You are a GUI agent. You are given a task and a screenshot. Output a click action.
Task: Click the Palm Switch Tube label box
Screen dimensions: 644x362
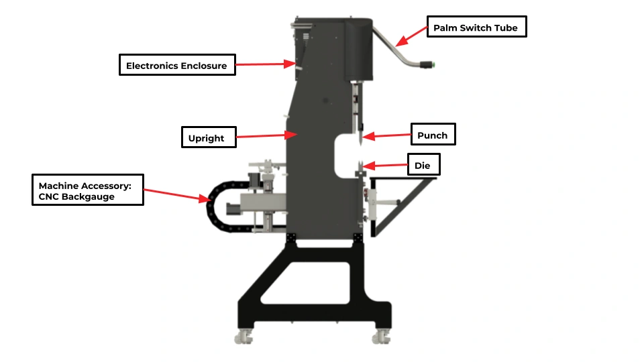click(x=476, y=27)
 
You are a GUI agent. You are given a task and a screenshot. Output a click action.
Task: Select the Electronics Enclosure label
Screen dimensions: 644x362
click(x=177, y=65)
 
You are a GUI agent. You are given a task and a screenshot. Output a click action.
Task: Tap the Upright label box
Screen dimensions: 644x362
click(x=209, y=137)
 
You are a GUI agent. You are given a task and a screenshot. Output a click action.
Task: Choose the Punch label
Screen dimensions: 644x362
click(x=433, y=134)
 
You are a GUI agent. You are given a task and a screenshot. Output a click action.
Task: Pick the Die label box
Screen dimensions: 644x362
click(x=423, y=165)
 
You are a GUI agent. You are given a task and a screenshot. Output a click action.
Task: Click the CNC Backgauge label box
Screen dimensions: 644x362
click(x=87, y=190)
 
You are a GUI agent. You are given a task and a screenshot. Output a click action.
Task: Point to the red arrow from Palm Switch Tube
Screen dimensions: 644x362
click(x=411, y=36)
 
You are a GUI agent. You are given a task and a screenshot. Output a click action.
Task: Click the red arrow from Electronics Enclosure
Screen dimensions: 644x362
click(x=266, y=64)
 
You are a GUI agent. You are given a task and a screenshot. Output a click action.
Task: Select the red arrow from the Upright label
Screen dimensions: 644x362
click(x=266, y=135)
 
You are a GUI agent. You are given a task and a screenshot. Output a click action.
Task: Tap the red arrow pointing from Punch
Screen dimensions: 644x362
click(x=386, y=135)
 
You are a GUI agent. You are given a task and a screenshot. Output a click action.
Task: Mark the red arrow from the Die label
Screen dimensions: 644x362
click(x=385, y=166)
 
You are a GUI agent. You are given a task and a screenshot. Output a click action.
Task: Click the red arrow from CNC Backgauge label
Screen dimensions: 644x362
click(x=177, y=195)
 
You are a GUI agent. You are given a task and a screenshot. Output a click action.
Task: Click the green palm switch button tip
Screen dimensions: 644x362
click(x=433, y=65)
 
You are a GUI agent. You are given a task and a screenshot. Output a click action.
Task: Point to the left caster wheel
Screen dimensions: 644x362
click(x=244, y=337)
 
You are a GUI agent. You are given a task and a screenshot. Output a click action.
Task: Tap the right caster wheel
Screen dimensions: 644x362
click(x=382, y=337)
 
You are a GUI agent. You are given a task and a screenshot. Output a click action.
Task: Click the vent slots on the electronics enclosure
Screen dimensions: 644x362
click(x=306, y=37)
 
